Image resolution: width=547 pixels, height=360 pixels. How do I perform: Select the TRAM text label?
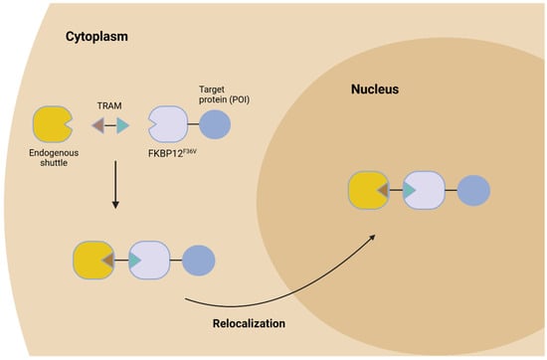pos(108,102)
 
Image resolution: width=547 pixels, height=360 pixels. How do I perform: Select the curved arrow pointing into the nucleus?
pos(288,289)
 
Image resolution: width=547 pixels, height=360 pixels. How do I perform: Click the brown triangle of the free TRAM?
pos(97,125)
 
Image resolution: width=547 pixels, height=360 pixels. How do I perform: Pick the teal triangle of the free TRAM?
pos(122,125)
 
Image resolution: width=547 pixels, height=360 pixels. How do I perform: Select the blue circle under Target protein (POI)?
pos(215,125)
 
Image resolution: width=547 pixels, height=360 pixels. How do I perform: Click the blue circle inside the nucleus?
pos(472,190)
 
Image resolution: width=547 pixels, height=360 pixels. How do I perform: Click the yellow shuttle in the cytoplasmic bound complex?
pos(95,260)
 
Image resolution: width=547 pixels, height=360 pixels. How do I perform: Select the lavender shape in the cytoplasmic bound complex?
pos(153,260)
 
